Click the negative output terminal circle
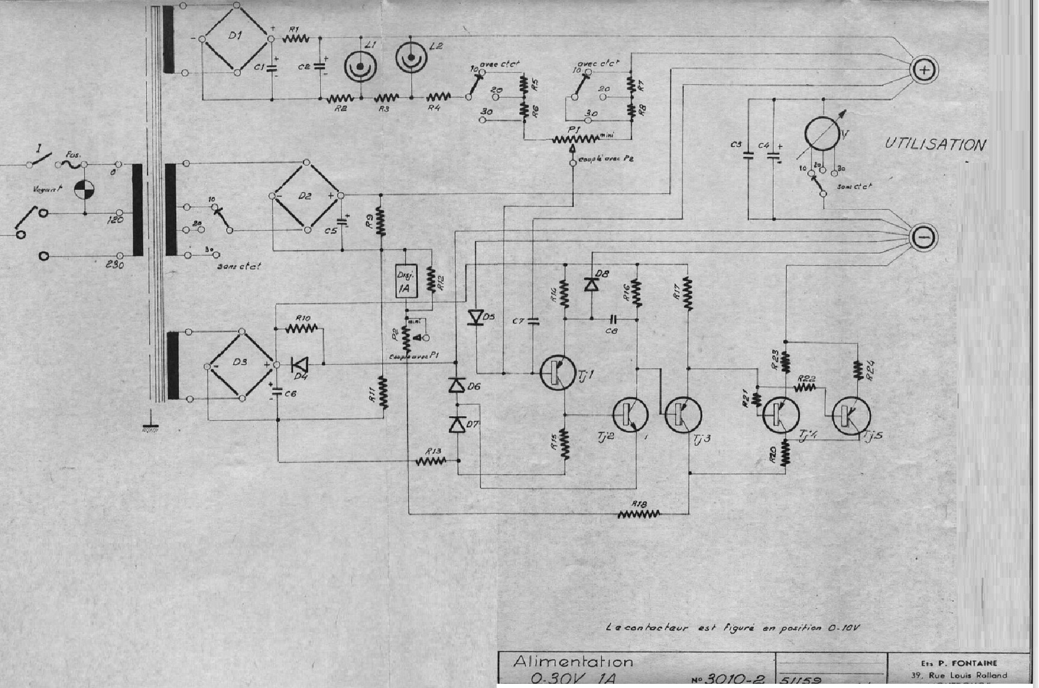tap(922, 237)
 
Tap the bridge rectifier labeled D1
tap(236, 39)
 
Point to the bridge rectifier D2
tap(306, 196)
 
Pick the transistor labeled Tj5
tap(851, 415)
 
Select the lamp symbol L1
tap(361, 66)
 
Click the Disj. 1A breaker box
tap(406, 281)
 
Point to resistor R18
tap(639, 514)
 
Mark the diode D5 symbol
tap(476, 317)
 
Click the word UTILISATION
tap(935, 145)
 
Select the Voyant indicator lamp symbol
tap(84, 190)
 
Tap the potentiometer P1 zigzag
tap(574, 139)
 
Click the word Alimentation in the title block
tap(572, 661)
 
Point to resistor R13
tap(432, 461)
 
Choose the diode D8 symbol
tap(591, 284)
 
